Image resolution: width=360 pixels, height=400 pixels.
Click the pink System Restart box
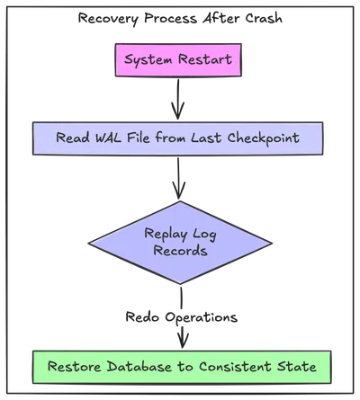178,61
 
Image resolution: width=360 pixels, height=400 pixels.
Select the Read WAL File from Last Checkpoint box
178,138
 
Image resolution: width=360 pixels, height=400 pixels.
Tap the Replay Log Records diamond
179,243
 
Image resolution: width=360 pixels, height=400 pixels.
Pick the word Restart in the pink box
205,61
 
